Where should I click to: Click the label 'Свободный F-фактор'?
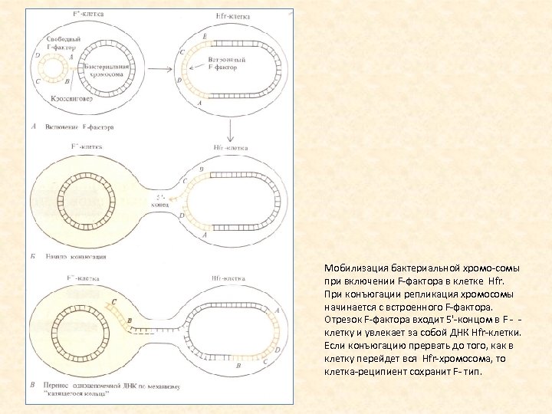[x=61, y=44]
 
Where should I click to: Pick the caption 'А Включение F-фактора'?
[x=73, y=127]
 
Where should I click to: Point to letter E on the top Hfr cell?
[x=203, y=36]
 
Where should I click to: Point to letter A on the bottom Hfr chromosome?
[x=277, y=310]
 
